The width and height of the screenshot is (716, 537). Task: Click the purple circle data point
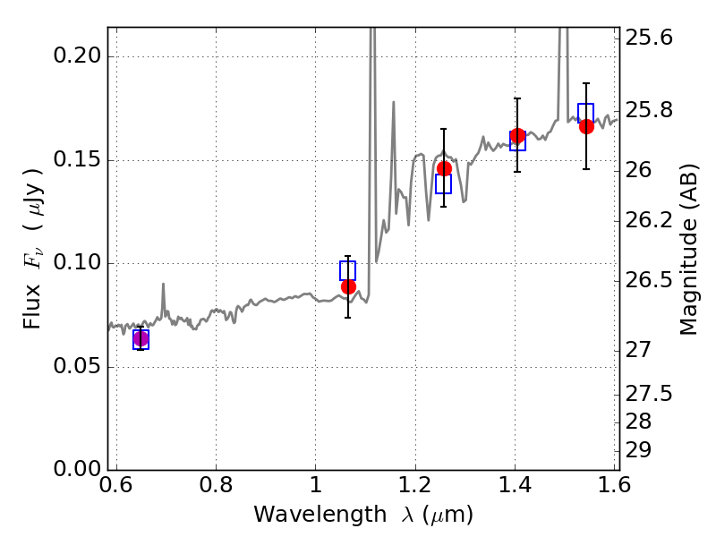[x=141, y=339]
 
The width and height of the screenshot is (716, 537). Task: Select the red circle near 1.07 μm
[x=348, y=286]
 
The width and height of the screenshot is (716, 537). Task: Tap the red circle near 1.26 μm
[x=444, y=168]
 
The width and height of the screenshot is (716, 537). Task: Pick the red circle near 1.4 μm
[x=517, y=136]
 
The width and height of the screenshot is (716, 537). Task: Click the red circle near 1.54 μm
[x=587, y=126]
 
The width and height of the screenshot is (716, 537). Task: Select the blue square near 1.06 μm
[x=347, y=270]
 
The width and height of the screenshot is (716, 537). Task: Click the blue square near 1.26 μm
[x=443, y=184]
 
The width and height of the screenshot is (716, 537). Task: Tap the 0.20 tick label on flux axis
[x=77, y=55]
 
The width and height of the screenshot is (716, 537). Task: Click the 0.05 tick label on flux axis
[x=77, y=366]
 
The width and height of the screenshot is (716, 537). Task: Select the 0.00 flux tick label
[x=77, y=468]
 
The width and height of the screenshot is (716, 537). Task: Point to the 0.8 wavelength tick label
[x=216, y=484]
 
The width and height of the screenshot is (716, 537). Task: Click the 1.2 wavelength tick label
[x=415, y=484]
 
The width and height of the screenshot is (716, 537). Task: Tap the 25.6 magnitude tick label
[x=649, y=38]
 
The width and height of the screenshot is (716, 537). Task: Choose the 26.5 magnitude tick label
[x=649, y=280]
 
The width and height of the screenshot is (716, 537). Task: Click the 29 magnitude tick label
[x=638, y=450]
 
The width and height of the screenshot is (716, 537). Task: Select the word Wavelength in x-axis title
[x=320, y=514]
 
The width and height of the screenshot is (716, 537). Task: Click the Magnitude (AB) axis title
[x=688, y=250]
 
